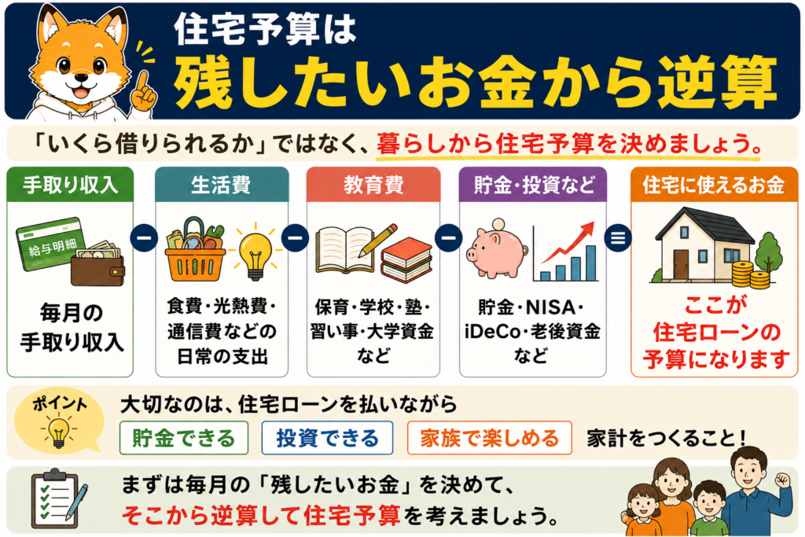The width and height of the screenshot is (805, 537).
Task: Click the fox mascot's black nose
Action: [81, 78]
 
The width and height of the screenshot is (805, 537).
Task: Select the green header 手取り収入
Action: [70, 184]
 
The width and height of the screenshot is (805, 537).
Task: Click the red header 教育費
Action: [373, 184]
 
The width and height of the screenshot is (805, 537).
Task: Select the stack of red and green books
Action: [407, 259]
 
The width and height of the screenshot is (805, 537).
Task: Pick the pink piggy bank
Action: [497, 251]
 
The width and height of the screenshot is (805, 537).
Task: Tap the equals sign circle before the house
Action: [618, 238]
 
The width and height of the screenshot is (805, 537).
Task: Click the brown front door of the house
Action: [681, 265]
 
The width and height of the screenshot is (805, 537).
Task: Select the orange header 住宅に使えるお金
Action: [714, 184]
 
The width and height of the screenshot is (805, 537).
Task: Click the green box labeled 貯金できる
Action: [184, 438]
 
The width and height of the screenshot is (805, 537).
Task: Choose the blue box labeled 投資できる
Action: [327, 438]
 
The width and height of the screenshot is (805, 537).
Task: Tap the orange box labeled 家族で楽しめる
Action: [489, 438]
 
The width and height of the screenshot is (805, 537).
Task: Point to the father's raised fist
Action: [781, 480]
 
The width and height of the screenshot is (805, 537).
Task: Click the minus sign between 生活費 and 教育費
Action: [296, 238]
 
